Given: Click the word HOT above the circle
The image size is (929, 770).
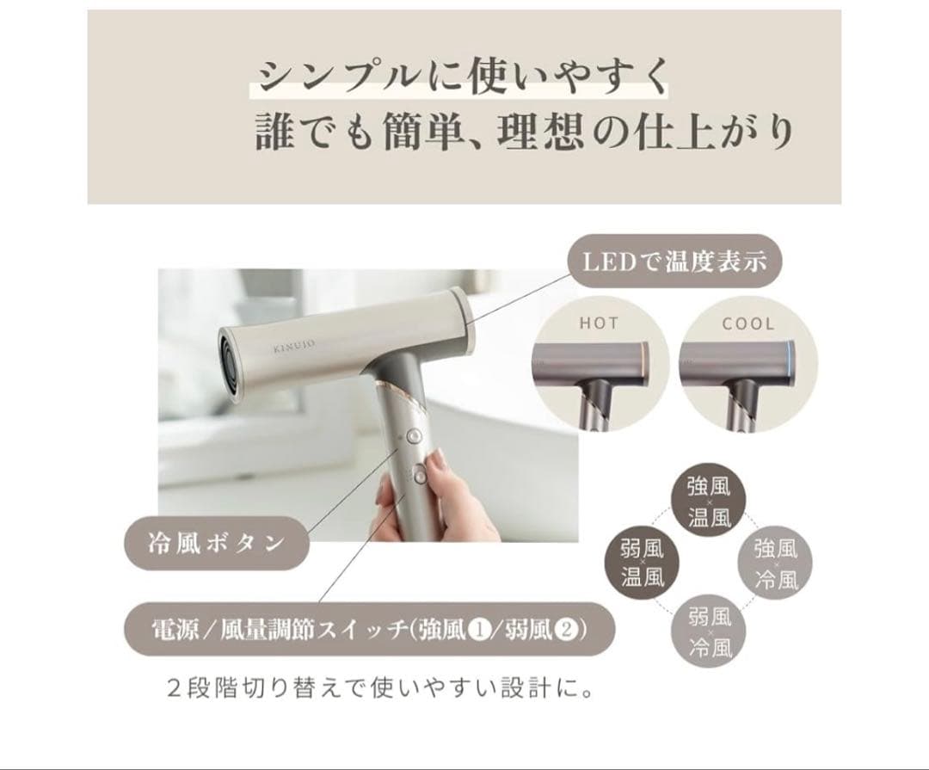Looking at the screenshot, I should (x=599, y=324).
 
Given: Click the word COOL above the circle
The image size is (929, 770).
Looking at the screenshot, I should (x=748, y=324).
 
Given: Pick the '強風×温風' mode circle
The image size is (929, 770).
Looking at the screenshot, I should (x=709, y=502).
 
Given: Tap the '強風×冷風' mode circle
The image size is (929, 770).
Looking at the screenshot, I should (x=776, y=563).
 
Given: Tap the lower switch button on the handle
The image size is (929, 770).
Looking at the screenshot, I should (x=419, y=471).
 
